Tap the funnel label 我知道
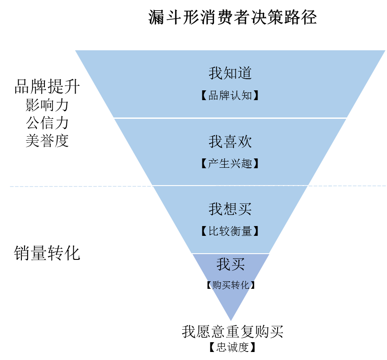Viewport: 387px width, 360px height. pos(230,73)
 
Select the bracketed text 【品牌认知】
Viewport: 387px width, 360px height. pos(230,96)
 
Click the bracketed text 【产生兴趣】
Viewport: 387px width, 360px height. pos(230,164)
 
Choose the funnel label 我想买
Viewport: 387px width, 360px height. pos(230,209)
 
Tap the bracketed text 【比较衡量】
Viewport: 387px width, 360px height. pos(230,231)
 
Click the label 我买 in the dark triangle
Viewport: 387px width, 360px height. pos(230,265)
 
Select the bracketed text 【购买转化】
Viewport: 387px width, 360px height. pos(230,285)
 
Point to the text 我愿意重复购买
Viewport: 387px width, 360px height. pos(232,332)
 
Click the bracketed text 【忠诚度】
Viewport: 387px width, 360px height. pos(232,348)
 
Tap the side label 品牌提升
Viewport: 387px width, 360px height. pos(47,87)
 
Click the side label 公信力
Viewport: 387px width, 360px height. pos(47,123)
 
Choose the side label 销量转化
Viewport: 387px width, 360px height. pos(47,253)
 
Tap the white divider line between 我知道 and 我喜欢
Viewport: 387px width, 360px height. pos(230,118)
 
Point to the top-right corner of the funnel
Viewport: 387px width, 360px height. pos(385,50)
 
